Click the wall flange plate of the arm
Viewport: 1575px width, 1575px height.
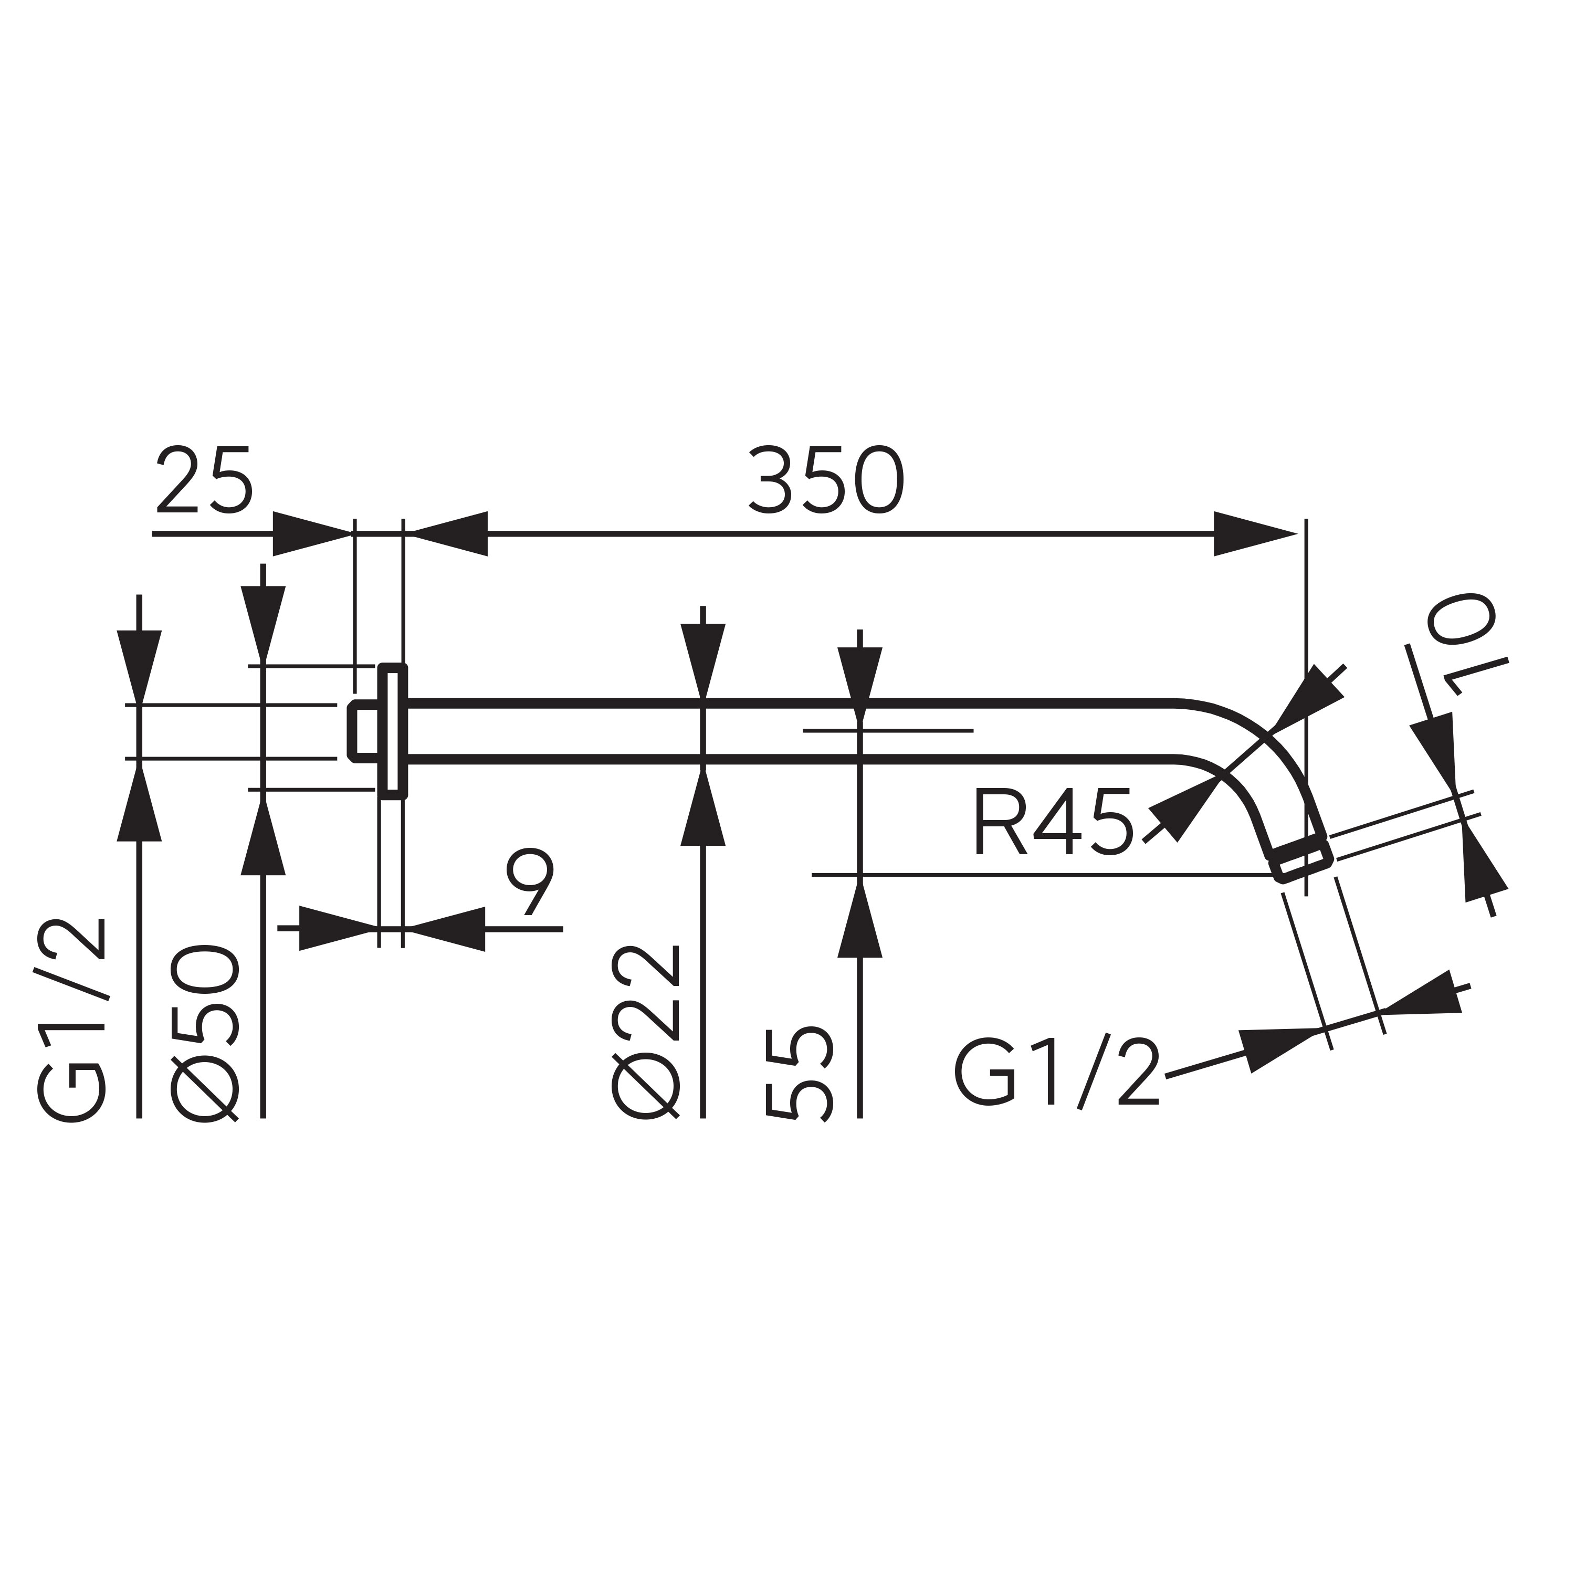tap(392, 731)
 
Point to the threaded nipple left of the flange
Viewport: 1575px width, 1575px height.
tap(364, 731)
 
